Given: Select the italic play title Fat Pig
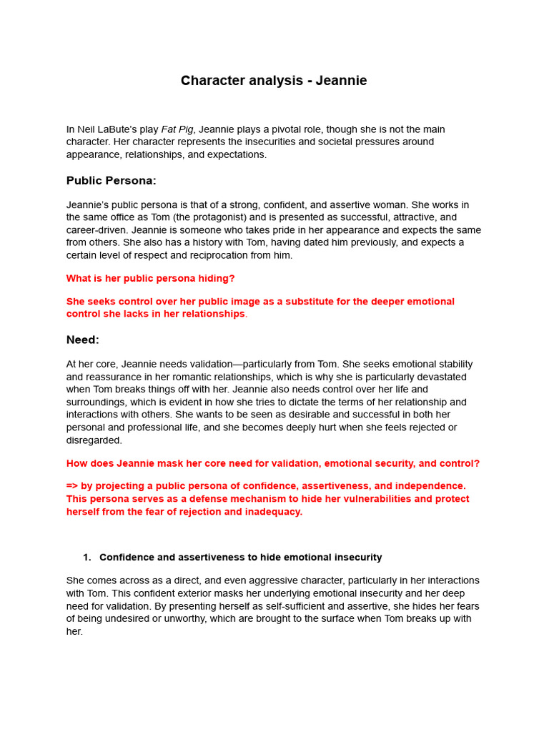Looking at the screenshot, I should coord(177,129).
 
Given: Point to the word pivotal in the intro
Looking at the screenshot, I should coord(272,129).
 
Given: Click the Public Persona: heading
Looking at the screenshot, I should coord(111,181).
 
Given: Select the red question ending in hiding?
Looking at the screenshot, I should coord(150,278).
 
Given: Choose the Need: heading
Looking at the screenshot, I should coord(83,340).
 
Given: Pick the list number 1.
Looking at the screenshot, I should coord(86,558).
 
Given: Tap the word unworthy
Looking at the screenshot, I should coord(184,619).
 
